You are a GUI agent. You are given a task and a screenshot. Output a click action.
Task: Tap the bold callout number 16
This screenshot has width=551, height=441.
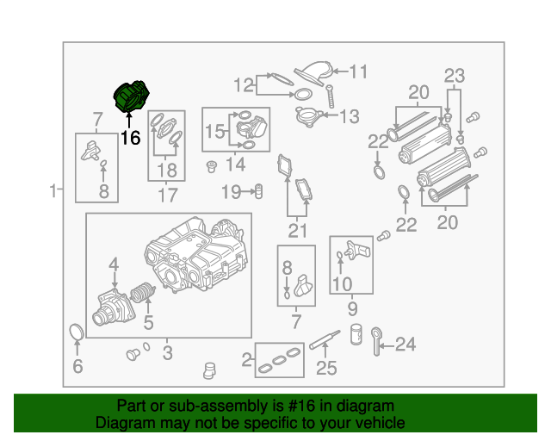click(130, 138)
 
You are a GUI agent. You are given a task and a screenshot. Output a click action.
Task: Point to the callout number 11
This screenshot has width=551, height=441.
click(357, 71)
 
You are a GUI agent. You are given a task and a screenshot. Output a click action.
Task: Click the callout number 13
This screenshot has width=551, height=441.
click(349, 116)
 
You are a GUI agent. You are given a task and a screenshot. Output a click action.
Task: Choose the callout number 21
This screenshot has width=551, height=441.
click(297, 230)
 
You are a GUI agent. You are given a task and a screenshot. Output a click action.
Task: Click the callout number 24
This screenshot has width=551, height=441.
click(404, 345)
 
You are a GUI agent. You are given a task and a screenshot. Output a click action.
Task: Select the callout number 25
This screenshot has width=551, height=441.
click(325, 370)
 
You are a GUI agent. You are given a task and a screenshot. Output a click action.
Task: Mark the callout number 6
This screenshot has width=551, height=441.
click(77, 368)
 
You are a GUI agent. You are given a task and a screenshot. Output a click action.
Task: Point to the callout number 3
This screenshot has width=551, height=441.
click(167, 352)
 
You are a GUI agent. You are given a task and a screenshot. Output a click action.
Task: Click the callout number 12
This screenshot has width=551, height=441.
click(245, 84)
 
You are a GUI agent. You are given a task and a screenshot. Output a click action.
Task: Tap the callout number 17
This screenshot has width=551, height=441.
click(167, 196)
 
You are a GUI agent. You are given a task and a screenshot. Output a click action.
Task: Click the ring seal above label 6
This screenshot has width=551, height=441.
click(77, 332)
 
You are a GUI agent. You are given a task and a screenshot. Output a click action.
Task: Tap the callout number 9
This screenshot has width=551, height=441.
click(352, 307)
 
